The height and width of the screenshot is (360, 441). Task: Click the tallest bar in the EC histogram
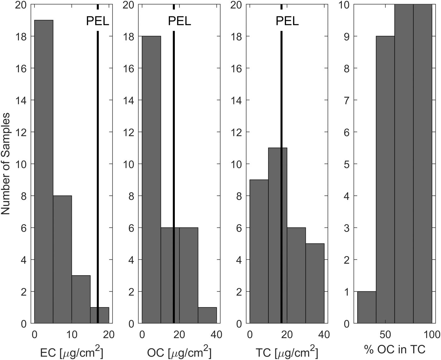pos(43,172)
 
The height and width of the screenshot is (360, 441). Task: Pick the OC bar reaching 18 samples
pos(152,180)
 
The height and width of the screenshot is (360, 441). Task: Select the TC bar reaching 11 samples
pos(278,235)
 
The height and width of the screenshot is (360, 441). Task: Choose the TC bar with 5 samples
pos(315,283)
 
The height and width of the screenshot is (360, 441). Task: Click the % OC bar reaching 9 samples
pos(385,180)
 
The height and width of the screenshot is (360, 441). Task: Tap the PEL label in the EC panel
pos(98,21)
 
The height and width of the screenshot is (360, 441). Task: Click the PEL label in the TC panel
pos(287,21)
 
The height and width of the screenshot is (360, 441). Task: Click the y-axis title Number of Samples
pos(6,163)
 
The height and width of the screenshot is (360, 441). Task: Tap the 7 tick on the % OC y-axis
pos(346,100)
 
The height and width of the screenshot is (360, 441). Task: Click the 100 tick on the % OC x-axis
pos(431,334)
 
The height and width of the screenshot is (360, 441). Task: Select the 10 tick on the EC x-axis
pos(72,334)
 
